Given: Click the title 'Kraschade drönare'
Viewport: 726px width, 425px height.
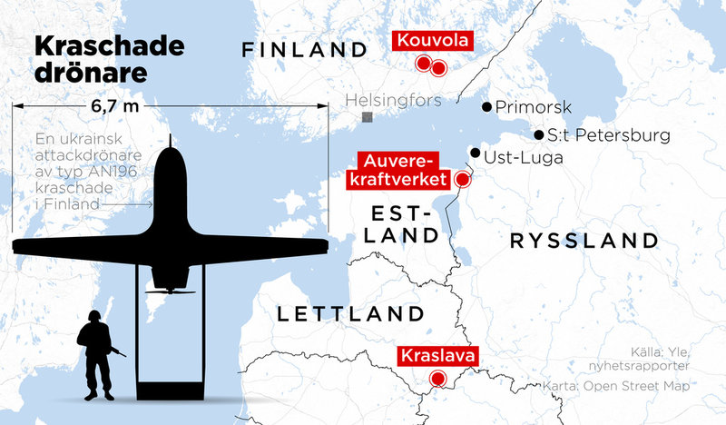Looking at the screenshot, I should pyautogui.click(x=108, y=59).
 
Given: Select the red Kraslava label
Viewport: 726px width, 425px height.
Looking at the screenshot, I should pyautogui.click(x=438, y=356).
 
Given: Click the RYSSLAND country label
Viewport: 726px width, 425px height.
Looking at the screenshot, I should pyautogui.click(x=583, y=241).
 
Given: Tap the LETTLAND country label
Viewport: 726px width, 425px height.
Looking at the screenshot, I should pyautogui.click(x=350, y=315).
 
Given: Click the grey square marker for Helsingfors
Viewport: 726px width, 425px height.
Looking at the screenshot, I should pyautogui.click(x=367, y=118).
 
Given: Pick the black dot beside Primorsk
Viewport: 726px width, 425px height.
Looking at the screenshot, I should pyautogui.click(x=486, y=106).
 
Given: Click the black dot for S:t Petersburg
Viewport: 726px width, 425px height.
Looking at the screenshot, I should pyautogui.click(x=539, y=135).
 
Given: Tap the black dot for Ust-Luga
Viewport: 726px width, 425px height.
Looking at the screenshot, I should pyautogui.click(x=475, y=152).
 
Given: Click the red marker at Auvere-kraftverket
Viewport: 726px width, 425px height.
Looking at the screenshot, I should pyautogui.click(x=462, y=179).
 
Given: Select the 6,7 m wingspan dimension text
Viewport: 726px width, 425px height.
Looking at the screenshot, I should pyautogui.click(x=115, y=107).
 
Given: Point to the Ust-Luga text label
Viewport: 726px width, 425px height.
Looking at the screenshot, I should pyautogui.click(x=524, y=158).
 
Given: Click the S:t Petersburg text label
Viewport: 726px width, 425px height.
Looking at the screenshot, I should pyautogui.click(x=609, y=136).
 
